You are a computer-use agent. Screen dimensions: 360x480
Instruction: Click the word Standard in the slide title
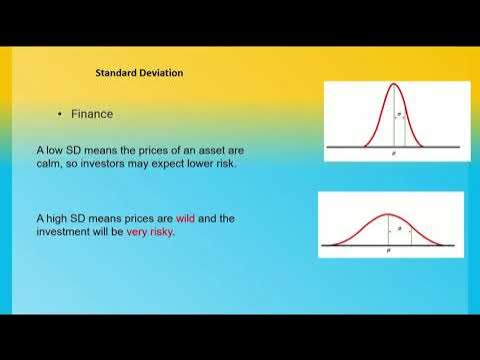[x=118, y=73]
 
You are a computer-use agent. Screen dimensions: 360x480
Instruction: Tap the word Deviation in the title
[x=163, y=73]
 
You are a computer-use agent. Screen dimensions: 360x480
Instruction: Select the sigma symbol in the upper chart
[x=400, y=115]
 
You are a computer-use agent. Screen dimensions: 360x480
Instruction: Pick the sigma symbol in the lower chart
[x=400, y=229]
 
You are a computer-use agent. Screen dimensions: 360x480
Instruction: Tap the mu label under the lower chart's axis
[x=387, y=255]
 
